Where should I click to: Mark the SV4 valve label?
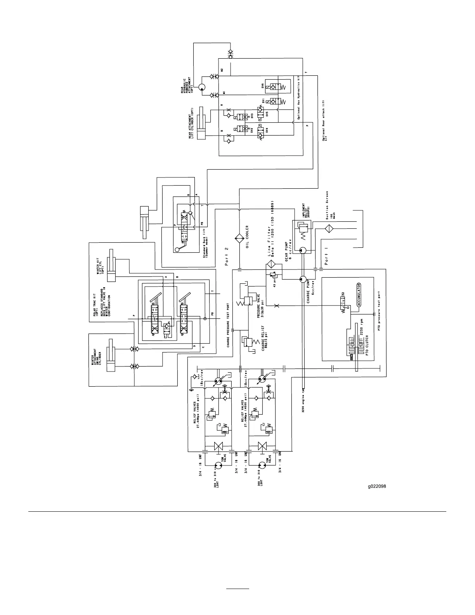pyautogui.click(x=267, y=131)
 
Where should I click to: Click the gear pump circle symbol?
pyautogui.click(x=303, y=250)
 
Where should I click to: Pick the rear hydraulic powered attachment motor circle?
pyautogui.click(x=202, y=88)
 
